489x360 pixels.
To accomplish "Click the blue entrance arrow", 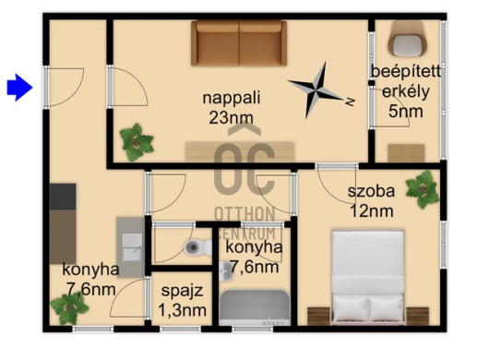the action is pos(20,88).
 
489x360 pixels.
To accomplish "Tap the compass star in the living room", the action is pos(316,90).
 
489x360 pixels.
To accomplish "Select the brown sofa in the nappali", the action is pos(239,43).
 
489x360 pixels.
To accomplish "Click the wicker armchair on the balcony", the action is pos(407,38).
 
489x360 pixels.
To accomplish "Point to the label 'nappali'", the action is pos(231,98).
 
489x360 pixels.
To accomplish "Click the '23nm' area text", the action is pos(231,118).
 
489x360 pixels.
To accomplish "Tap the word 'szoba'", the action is pos(371,191).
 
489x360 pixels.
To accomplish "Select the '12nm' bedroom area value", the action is pos(372,211).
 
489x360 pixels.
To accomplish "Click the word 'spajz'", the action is pos(182,291).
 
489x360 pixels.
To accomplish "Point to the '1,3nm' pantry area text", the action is pos(182,310).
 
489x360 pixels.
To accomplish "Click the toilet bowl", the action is pos(198,247).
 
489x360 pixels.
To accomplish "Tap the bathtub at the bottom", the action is pos(255,308).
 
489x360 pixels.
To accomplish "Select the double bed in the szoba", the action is pos(368,277).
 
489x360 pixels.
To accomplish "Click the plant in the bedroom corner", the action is pos(423,189).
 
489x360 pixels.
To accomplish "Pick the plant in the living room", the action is pos(137,142).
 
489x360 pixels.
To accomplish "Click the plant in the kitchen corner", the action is pos(69,308).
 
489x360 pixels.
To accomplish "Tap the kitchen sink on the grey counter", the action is pos(132,247).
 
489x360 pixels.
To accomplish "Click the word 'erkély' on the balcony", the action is pos(406,92).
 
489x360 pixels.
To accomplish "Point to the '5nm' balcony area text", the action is pos(406,112).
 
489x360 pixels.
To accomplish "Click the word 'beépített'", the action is pos(406,72).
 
